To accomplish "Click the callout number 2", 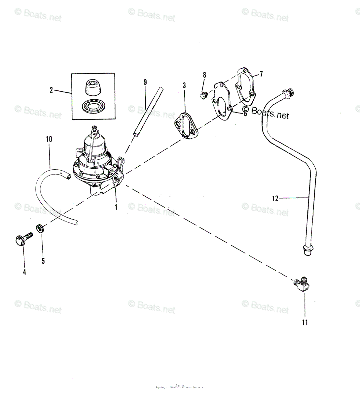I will point(51,90).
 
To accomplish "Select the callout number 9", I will point(145,82).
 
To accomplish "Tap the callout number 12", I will point(275,198).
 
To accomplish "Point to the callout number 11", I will point(305,322).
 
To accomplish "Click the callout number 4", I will point(24,272).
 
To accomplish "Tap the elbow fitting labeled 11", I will point(302,284).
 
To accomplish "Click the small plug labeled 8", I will point(203,96).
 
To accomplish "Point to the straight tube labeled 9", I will point(148,111).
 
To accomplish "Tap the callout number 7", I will point(261,74).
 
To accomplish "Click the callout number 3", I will point(184,85).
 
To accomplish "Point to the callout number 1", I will point(116,207).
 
